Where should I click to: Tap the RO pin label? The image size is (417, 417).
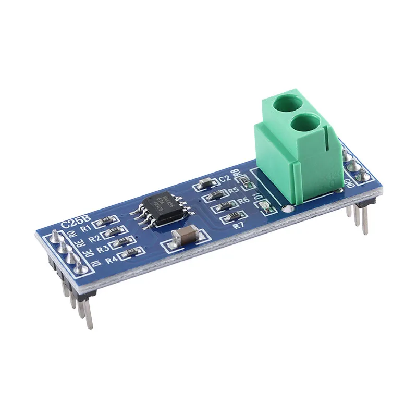72,235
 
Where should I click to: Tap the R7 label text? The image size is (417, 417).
239,226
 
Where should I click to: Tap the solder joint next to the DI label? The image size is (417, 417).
79,267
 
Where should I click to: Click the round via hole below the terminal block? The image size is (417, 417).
286,210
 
